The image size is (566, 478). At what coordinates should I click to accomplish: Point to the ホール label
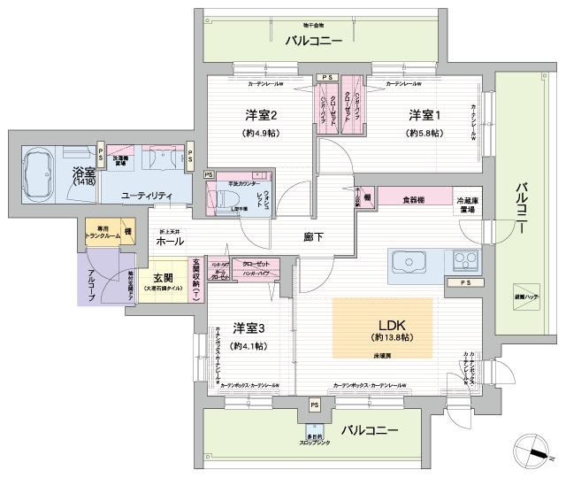(x=170, y=241)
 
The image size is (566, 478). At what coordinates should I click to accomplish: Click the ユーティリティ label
(x=147, y=195)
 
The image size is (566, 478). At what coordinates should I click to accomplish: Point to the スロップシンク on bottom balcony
(x=314, y=437)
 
